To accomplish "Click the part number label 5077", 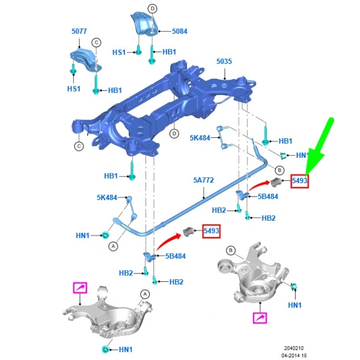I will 79,31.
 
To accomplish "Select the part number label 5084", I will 179,31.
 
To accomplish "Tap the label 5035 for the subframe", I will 224,61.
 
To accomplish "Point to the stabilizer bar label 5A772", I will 203,181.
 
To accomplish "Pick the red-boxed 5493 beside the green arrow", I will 299,181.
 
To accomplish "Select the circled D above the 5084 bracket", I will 152,8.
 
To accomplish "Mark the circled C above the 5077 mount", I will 96,42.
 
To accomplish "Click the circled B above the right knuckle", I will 231,250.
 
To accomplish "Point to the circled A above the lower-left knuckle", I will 145,294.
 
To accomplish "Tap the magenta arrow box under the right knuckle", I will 260,318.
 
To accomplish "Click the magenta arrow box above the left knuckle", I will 80,288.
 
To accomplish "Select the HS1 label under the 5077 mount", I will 74,88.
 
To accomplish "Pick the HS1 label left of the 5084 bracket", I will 119,52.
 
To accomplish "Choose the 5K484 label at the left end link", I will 106,197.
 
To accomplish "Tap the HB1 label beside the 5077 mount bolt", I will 115,91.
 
